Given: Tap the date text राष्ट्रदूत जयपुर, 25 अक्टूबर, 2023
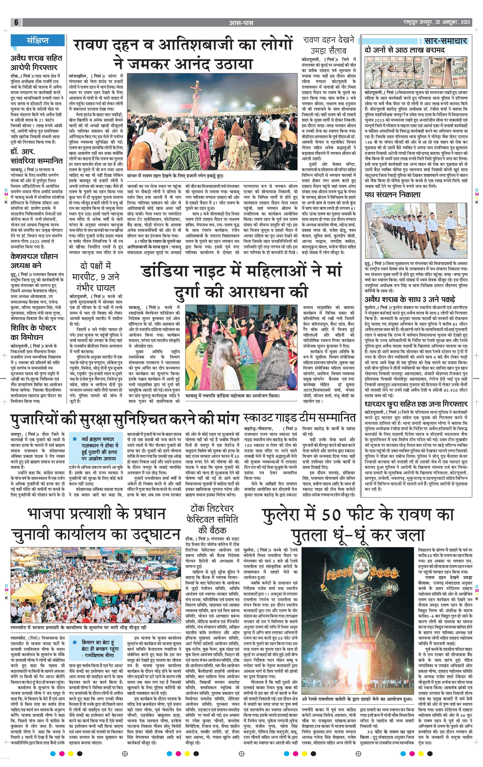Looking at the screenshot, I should (436, 23).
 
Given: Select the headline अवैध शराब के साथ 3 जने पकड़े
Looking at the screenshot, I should (410, 299).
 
